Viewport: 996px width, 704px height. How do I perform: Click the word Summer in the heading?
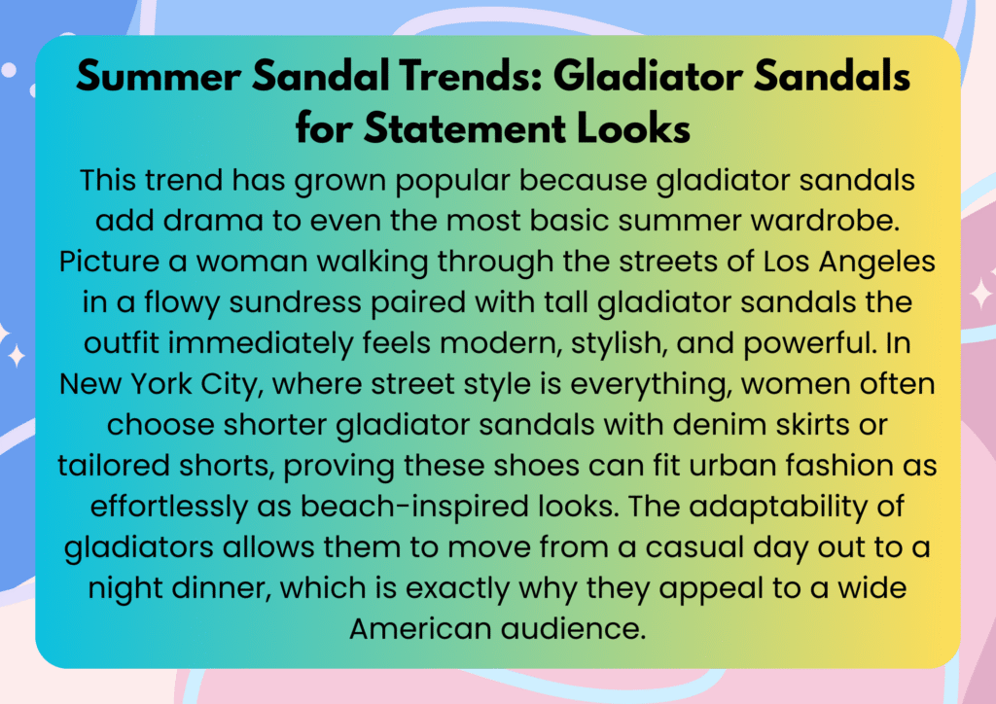tap(159, 76)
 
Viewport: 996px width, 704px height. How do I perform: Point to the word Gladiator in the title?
tap(648, 76)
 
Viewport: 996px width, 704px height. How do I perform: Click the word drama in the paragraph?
tap(213, 221)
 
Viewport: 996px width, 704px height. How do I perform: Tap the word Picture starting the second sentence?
tap(109, 262)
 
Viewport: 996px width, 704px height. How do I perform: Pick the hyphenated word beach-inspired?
tap(414, 507)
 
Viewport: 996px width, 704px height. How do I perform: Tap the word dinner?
tap(222, 588)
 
